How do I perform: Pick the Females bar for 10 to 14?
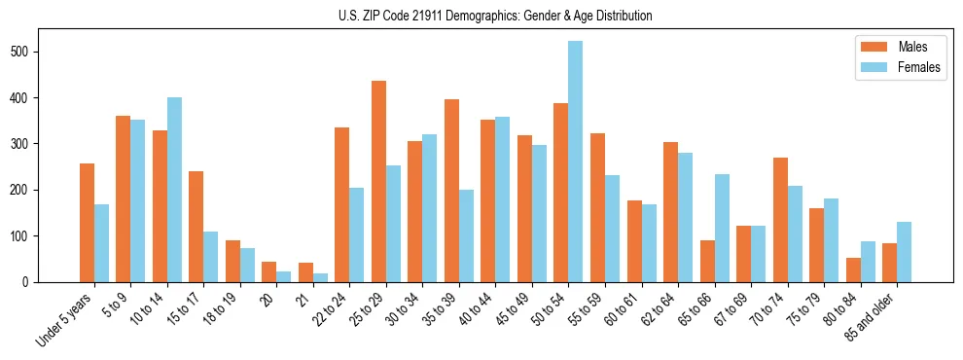coord(174,190)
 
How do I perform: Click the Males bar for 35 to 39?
coord(451,191)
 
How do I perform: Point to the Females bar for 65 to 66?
coord(722,228)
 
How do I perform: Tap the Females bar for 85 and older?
coord(905,252)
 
